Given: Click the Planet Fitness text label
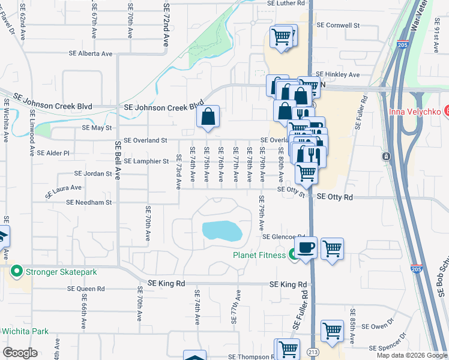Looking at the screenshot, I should tap(259, 254).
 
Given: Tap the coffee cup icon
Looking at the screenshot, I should tap(306, 247).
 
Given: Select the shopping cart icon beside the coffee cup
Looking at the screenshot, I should tap(332, 247).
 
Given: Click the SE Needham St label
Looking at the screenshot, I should tap(89, 203).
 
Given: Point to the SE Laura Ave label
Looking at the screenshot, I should tap(63, 191).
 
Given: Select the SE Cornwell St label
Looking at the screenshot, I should tap(337, 26).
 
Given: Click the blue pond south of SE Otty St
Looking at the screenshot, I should tap(222, 231).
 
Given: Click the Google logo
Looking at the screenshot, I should tap(20, 353).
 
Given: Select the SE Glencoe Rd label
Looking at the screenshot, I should tap(284, 237).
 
